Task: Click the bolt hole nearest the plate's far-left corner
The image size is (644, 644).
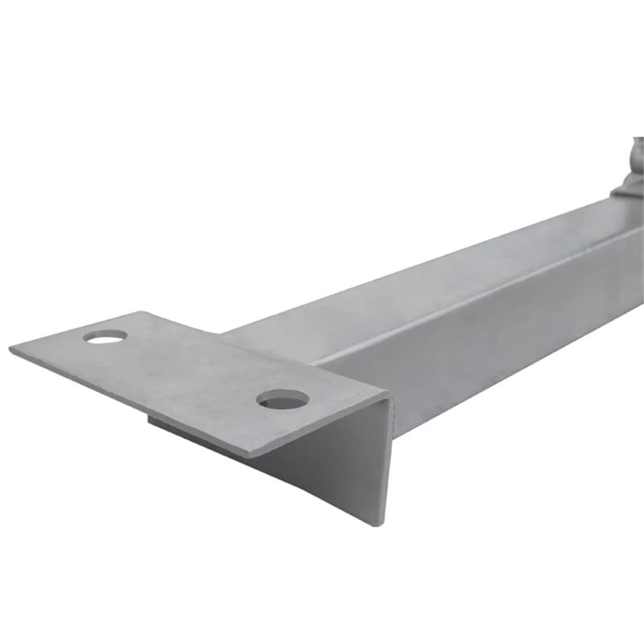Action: click(x=105, y=336)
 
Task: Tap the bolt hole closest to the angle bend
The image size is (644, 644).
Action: click(x=283, y=398)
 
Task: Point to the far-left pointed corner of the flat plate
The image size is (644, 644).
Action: click(x=11, y=349)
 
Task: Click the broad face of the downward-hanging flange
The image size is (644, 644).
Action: click(x=330, y=467)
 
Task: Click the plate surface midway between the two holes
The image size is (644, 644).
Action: click(x=193, y=366)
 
